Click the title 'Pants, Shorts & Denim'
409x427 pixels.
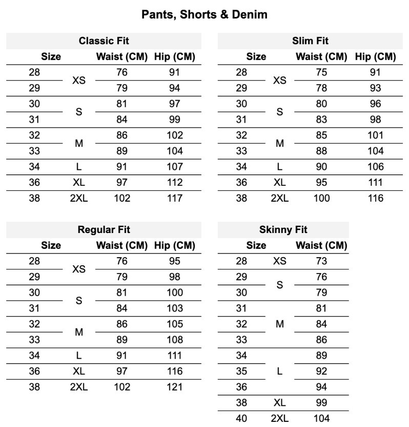(204, 14)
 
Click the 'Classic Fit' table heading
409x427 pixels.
(104, 41)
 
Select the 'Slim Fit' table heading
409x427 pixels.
(310, 41)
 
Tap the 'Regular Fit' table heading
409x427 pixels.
(104, 230)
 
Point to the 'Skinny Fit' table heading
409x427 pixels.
(283, 230)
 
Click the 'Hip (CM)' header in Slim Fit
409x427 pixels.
(375, 56)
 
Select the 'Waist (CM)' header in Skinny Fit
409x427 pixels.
(321, 246)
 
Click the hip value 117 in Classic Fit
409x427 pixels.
(174, 198)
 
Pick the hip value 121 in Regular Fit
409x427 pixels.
(174, 387)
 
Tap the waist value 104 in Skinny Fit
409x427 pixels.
(321, 418)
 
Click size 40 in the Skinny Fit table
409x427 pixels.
(241, 418)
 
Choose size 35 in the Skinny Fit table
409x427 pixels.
(241, 371)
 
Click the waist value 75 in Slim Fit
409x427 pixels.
(321, 72)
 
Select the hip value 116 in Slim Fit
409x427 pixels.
(375, 198)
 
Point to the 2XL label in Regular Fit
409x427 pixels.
(79, 387)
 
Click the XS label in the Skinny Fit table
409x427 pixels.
(280, 261)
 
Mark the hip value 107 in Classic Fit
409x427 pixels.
(174, 167)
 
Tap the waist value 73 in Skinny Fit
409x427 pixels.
(321, 261)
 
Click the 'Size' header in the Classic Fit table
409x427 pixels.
(51, 56)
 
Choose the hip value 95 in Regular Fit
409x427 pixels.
(174, 261)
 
